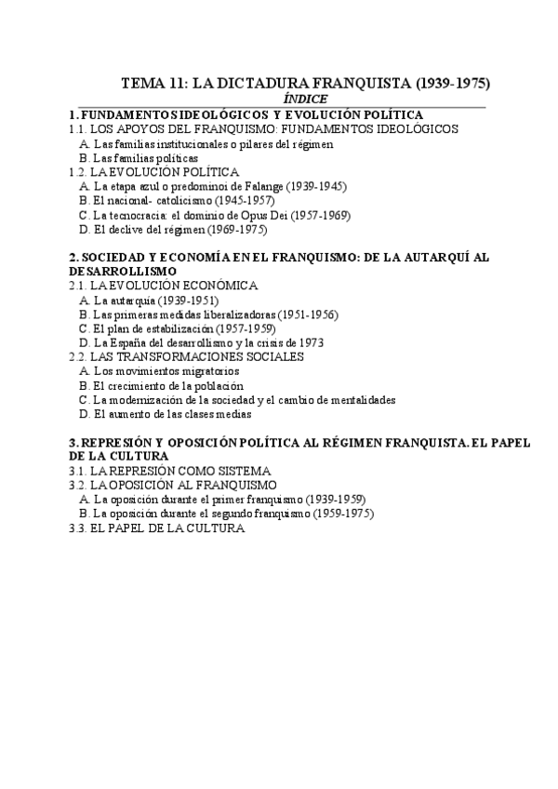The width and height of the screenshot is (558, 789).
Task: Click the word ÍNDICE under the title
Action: pyautogui.click(x=306, y=98)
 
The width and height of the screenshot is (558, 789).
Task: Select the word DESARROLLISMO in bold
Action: pyautogui.click(x=123, y=270)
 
